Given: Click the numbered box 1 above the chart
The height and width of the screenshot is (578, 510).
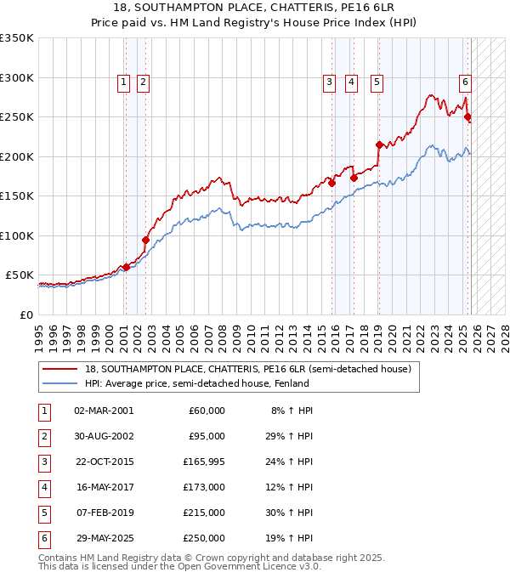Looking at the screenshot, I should [x=124, y=82].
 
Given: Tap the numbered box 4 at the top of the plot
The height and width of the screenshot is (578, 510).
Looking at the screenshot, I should [x=351, y=82].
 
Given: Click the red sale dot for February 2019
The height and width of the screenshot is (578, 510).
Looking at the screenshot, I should [x=379, y=144].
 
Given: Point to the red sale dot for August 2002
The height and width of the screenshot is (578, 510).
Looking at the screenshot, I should [x=145, y=240].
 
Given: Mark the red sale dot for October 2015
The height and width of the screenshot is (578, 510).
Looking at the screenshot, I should [x=331, y=183].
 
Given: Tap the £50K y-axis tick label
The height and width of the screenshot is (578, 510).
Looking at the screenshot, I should [x=20, y=275].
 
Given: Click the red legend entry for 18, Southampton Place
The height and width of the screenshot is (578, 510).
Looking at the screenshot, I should [x=247, y=369].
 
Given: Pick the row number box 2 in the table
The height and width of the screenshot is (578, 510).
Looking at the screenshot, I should [x=43, y=437].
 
